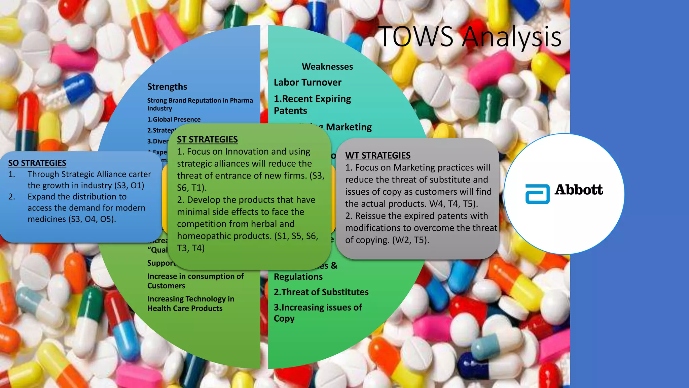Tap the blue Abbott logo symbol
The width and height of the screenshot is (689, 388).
pyautogui.click(x=537, y=194)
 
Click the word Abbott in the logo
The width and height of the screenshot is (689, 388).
pyautogui.click(x=579, y=190)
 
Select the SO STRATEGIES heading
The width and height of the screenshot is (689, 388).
pyautogui.click(x=37, y=163)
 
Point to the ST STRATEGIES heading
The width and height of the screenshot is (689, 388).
pyautogui.click(x=207, y=139)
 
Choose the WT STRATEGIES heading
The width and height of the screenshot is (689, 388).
pyautogui.click(x=377, y=156)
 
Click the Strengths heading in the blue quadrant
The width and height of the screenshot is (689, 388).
pyautogui.click(x=167, y=87)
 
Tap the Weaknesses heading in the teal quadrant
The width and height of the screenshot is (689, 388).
pyautogui.click(x=327, y=67)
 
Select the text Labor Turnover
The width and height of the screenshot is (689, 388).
pyautogui.click(x=307, y=83)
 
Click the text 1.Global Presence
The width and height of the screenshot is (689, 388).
pyautogui.click(x=174, y=120)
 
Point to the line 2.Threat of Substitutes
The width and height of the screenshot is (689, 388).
pyautogui.click(x=321, y=292)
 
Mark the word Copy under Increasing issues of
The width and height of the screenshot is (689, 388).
pyautogui.click(x=284, y=319)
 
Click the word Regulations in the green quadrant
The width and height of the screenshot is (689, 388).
pyautogui.click(x=298, y=277)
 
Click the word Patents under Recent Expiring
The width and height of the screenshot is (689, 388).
pyautogui.click(x=290, y=111)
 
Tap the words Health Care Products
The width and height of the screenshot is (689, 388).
pyautogui.click(x=185, y=309)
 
